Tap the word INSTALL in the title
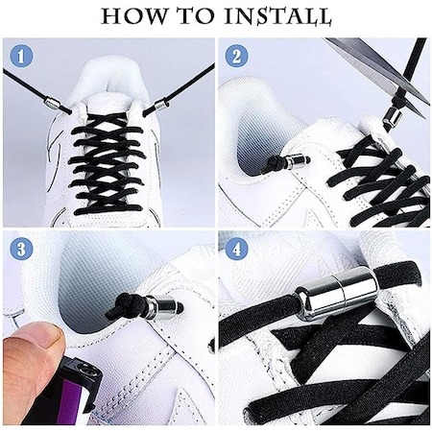tap(277, 16)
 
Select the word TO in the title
tap(194, 16)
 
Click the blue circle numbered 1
tap(21, 57)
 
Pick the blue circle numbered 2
tap(236, 57)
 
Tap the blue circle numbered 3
tap(21, 249)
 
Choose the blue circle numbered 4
tap(236, 249)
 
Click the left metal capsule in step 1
tap(51, 103)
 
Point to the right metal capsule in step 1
tap(159, 105)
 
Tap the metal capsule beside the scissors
tap(392, 116)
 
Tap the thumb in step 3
tap(32, 357)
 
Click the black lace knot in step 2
tap(272, 162)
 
